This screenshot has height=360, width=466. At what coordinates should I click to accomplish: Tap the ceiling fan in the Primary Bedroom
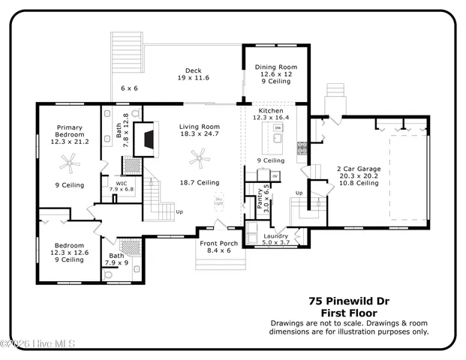click(69, 160)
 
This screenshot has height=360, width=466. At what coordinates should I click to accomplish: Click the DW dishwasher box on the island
click(277, 128)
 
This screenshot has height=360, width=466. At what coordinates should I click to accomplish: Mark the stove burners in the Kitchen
click(302, 148)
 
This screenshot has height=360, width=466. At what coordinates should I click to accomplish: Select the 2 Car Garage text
click(358, 169)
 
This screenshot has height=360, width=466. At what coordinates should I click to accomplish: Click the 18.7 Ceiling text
click(199, 182)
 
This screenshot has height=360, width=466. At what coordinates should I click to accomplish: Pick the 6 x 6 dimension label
click(129, 88)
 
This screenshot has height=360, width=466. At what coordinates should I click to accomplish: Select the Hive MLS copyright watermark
click(39, 344)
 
